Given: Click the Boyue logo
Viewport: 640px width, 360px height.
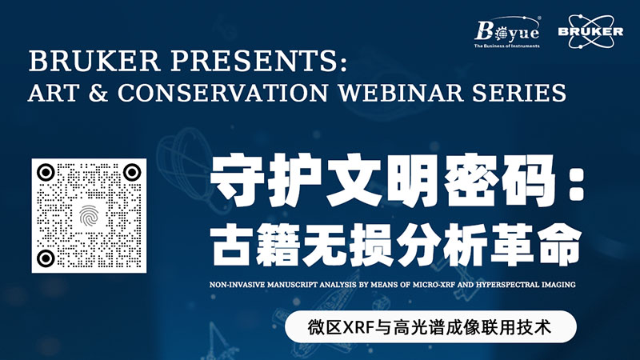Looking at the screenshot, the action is coord(507,32).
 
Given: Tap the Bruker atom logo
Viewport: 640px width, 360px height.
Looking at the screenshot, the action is coord(590,31).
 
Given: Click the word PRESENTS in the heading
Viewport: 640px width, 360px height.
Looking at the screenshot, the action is coord(258,62).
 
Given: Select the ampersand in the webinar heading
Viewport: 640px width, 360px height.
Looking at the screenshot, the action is coord(98,93).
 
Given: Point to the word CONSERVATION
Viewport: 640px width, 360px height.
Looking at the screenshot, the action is coord(223,93).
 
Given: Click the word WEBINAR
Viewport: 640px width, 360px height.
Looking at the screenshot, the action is coord(401,93).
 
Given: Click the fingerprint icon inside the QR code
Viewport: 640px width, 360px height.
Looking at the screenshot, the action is coord(89,216).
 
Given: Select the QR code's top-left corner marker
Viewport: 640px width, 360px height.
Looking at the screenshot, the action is coord(46,173).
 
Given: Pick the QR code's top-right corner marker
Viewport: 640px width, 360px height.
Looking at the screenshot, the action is coord(132,173).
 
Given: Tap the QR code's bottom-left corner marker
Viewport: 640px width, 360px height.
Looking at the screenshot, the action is coord(46,258).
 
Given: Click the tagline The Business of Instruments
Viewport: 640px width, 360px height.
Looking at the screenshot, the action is coord(506,46).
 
